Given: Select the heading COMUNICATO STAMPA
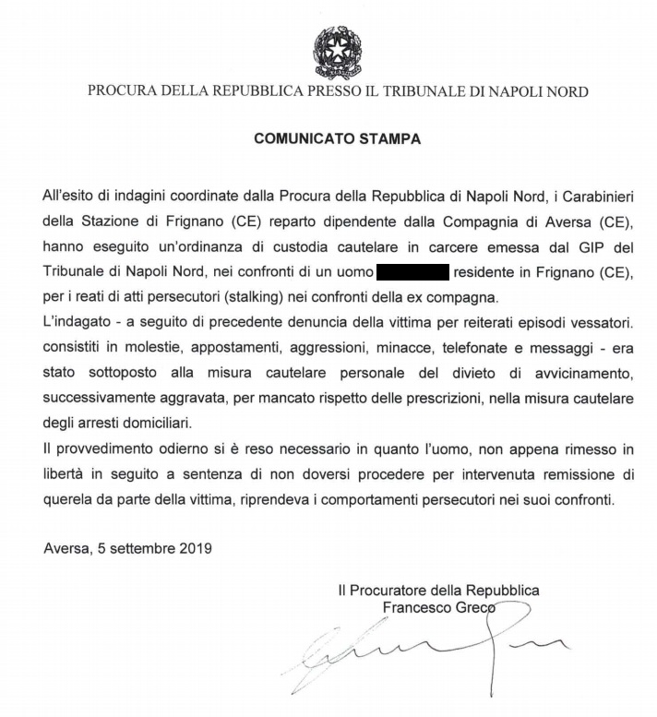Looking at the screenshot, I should [x=337, y=139].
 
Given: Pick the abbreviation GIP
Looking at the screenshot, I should [x=567, y=247].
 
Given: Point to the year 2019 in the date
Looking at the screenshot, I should [x=195, y=548].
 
